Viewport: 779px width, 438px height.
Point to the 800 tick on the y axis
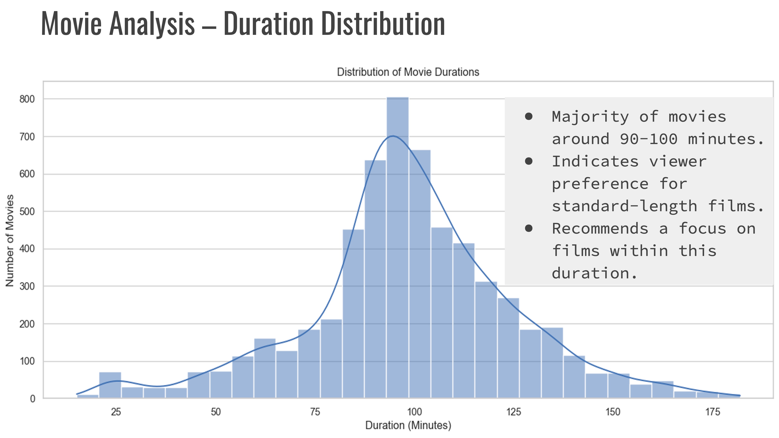[x=27, y=99]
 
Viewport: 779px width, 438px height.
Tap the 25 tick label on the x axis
[x=116, y=412]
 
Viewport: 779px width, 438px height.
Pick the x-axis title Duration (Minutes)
[x=408, y=425]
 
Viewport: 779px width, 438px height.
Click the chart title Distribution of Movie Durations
[x=408, y=72]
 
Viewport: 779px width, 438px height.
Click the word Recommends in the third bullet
[x=600, y=229]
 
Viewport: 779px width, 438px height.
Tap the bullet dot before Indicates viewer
[x=529, y=161]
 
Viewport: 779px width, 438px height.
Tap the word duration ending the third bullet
[x=590, y=273]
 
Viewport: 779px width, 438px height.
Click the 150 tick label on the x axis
[x=613, y=412]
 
